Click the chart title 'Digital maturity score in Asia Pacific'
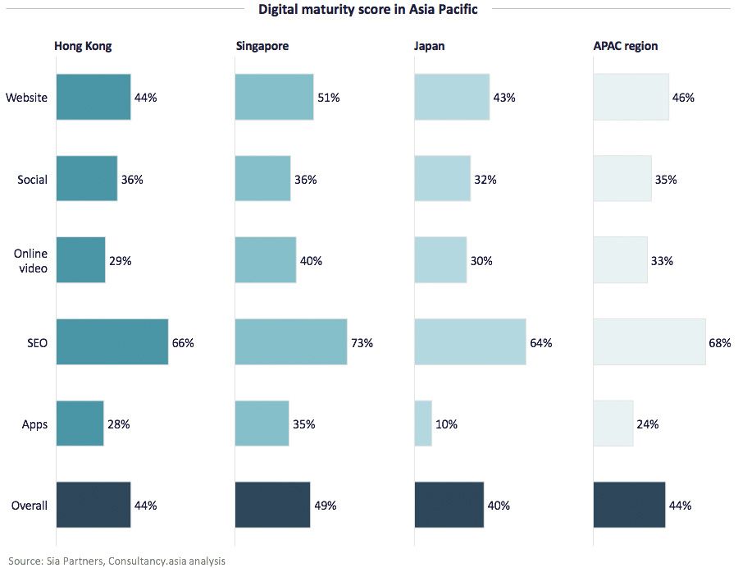point(368,10)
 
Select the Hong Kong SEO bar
point(112,342)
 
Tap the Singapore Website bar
point(274,98)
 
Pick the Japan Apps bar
point(423,424)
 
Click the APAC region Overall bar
point(629,505)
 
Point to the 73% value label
point(362,343)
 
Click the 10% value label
point(447,424)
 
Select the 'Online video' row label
point(30,261)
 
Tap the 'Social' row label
point(33,180)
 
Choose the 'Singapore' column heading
point(262,46)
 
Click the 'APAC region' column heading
point(626,46)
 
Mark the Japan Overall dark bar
point(449,505)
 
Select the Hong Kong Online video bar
point(80,261)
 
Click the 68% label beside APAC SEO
point(720,343)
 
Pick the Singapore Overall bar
point(272,505)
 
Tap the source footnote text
point(117,561)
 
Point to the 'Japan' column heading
point(430,46)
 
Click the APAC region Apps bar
point(613,424)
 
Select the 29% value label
point(121,261)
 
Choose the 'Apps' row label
point(35,424)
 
